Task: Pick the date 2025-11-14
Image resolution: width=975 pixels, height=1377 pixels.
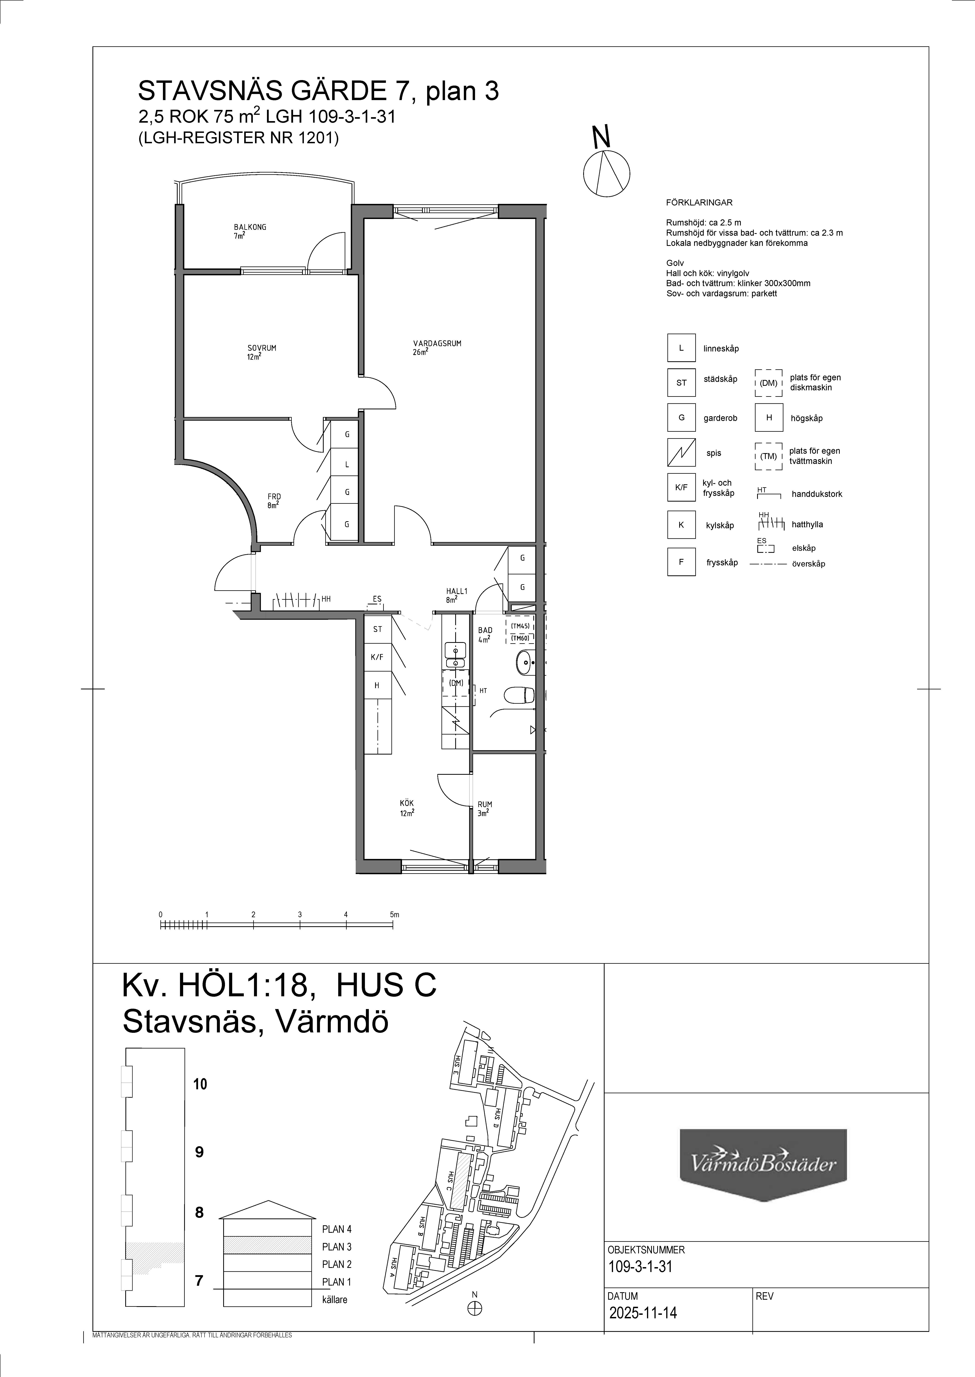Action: click(642, 1313)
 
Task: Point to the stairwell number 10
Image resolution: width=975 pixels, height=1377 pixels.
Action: click(200, 1084)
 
